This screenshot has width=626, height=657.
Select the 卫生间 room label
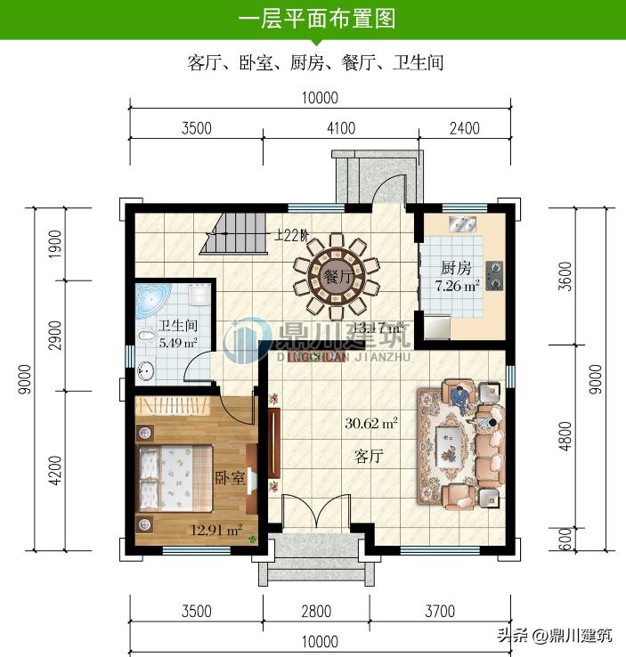click(x=177, y=326)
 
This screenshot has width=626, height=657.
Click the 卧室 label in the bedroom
click(x=230, y=478)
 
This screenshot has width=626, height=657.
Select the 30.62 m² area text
click(x=371, y=424)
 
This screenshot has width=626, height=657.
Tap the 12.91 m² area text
click(x=216, y=531)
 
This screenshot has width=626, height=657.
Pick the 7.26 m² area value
click(x=457, y=287)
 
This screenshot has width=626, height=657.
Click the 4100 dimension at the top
click(x=339, y=128)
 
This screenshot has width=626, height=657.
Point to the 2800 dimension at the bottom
click(x=315, y=612)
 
